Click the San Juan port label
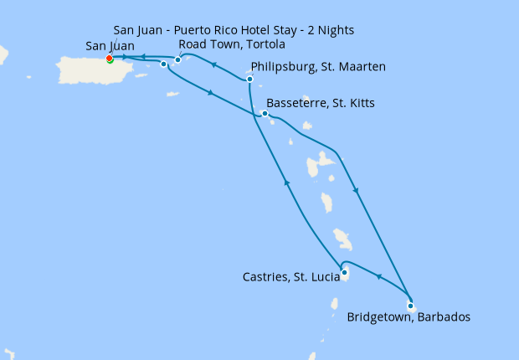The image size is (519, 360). click(110, 45)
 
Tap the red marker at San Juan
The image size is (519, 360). click(110, 58)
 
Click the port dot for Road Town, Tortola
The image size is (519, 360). click(177, 59)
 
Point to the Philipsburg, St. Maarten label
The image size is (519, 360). click(318, 67)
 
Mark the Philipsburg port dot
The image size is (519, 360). click(249, 79)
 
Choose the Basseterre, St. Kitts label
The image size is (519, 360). click(320, 104)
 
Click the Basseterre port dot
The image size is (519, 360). click(265, 113)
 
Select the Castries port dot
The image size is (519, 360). click(344, 270)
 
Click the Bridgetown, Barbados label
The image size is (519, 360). click(409, 317)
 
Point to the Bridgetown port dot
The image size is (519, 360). click(410, 306)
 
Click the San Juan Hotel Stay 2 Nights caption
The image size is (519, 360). click(234, 30)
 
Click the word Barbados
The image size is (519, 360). click(443, 317)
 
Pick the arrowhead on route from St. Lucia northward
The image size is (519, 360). click(287, 183)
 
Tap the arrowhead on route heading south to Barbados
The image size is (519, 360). click(357, 190)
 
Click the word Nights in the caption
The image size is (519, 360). click(336, 30)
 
